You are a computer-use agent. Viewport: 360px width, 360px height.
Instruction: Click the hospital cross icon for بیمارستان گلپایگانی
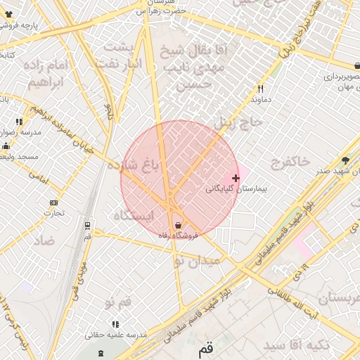[236, 179]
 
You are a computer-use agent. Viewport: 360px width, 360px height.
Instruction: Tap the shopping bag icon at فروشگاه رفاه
[178, 225]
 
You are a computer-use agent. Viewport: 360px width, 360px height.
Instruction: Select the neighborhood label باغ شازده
[134, 165]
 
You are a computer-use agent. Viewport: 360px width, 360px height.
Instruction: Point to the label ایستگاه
[134, 216]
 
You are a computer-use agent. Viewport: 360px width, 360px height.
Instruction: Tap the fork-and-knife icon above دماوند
[261, 89]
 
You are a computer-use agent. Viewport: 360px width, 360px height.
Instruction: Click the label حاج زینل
[238, 122]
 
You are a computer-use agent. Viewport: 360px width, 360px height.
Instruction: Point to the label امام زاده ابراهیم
[47, 73]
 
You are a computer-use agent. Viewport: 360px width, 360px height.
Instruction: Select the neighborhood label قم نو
[118, 302]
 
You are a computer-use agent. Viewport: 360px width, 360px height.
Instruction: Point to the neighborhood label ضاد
[44, 240]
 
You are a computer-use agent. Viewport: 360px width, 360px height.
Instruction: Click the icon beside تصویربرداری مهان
[358, 67]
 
